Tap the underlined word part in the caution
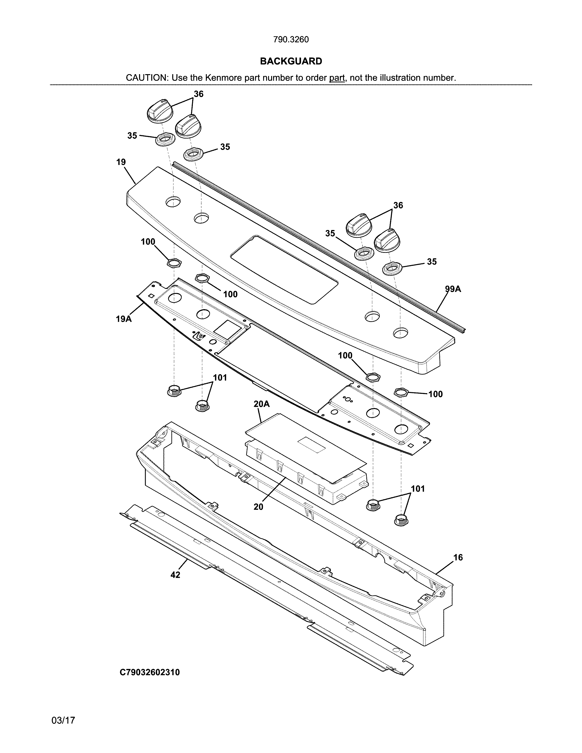point(337,78)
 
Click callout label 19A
point(123,319)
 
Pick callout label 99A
point(453,289)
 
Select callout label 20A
point(261,404)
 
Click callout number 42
point(175,575)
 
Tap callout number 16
point(458,557)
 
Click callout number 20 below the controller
point(258,507)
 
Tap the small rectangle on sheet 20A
point(311,444)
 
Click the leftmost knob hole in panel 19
point(173,202)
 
